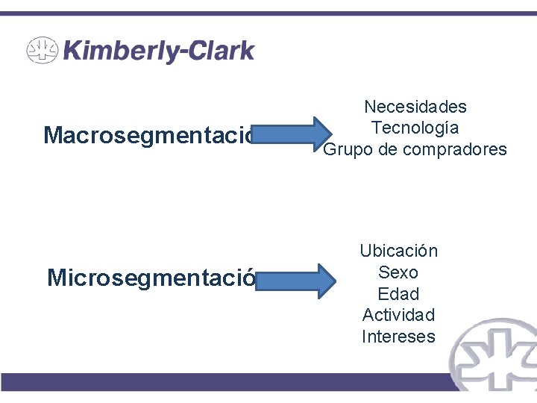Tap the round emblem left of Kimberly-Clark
click(43, 51)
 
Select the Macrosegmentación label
click(149, 136)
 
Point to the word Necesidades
click(415, 107)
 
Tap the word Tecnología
click(415, 128)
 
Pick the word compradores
click(455, 149)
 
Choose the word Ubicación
click(398, 251)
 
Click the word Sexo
click(398, 272)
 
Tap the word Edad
click(398, 294)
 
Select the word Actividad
click(398, 315)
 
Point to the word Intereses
click(398, 337)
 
